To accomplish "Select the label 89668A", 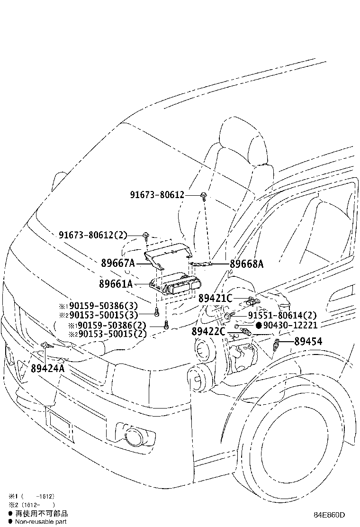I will point(246,264).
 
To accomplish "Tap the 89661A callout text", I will point(116,284).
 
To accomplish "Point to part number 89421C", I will point(215,299).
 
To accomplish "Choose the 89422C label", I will point(209,331).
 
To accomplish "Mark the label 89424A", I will point(47,368).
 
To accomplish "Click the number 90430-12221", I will point(290,326).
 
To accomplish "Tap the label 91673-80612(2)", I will point(93,235).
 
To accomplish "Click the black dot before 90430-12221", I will point(259,326).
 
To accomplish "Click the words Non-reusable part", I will point(41,521).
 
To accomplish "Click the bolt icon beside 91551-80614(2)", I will point(228,316).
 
